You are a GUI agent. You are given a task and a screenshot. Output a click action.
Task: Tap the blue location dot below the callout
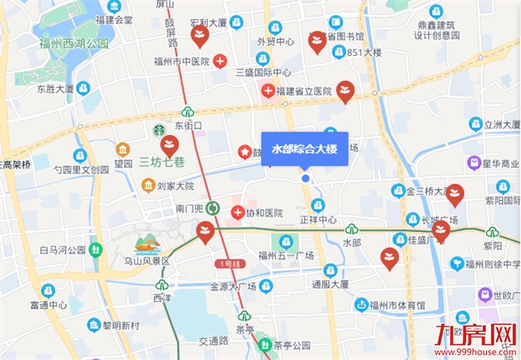click(305, 178)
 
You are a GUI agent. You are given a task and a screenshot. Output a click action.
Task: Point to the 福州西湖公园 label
click(73, 43)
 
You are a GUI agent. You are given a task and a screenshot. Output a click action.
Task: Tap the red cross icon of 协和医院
click(237, 212)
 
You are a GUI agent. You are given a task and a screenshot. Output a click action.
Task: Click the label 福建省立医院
click(303, 90)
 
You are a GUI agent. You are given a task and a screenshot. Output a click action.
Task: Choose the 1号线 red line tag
click(228, 264)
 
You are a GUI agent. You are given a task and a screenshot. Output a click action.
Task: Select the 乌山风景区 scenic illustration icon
click(147, 245)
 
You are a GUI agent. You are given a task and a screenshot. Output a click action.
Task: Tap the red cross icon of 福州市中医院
click(219, 61)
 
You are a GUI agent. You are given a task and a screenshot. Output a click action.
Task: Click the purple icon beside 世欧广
click(484, 295)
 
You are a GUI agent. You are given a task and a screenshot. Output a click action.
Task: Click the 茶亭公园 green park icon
click(266, 344)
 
